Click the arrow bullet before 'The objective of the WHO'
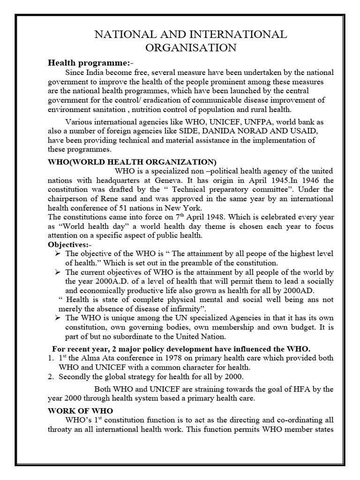pos(59,254)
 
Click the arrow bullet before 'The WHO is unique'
pos(59,318)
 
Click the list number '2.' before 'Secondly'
pos(52,376)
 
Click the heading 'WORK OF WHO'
pos(80,410)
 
